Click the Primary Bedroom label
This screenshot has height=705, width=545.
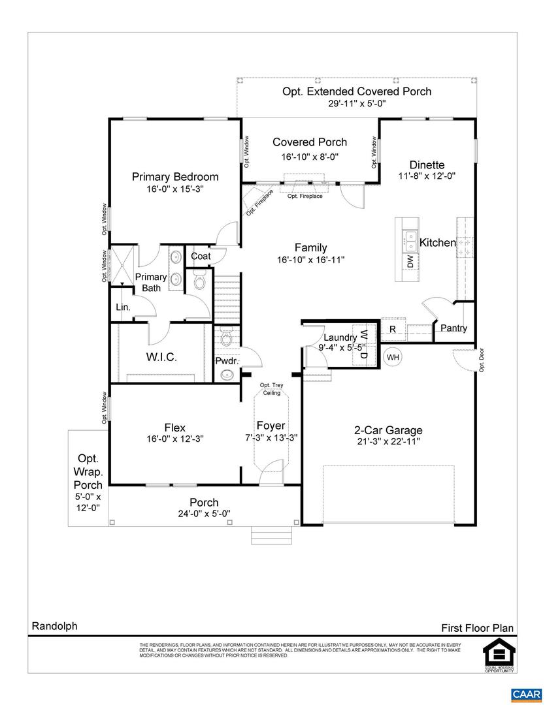(x=175, y=177)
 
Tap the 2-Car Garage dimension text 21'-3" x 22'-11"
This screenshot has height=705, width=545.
(x=388, y=442)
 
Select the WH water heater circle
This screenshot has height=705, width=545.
(x=393, y=357)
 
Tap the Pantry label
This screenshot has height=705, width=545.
(x=454, y=328)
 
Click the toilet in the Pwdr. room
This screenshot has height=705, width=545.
(x=225, y=337)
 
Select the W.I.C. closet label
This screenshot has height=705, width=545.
(x=161, y=357)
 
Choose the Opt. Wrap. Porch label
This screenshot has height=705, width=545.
(x=88, y=471)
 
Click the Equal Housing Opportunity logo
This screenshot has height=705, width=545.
(x=499, y=657)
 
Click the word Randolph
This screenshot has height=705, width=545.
(x=54, y=626)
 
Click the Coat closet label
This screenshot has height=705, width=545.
(x=201, y=257)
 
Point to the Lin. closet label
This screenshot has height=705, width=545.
(x=123, y=307)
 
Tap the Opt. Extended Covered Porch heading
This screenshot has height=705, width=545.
(x=357, y=91)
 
